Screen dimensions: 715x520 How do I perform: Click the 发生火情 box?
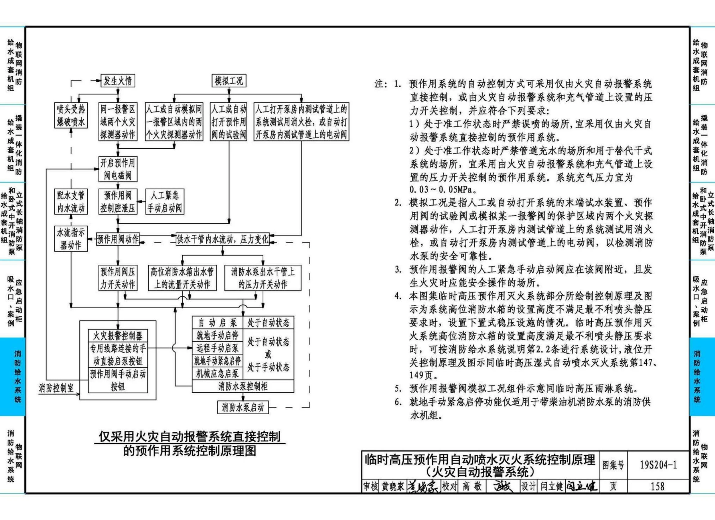(x=118, y=81)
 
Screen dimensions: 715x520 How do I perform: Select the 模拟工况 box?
(x=229, y=81)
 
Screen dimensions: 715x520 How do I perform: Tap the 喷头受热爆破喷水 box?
(x=71, y=115)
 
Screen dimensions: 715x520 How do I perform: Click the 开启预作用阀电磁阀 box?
(x=118, y=169)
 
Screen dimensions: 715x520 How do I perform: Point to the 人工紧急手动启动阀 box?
(x=164, y=202)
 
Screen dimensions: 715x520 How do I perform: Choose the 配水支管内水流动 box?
(x=71, y=202)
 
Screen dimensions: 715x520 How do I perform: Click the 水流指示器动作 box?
(x=71, y=239)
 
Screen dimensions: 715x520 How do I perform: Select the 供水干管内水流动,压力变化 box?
(x=223, y=239)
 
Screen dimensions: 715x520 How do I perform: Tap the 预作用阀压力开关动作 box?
(x=118, y=278)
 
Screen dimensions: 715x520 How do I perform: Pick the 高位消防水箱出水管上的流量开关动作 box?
(x=182, y=278)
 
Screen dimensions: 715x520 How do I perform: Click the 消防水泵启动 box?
(x=243, y=407)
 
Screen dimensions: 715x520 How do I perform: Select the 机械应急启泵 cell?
(x=217, y=374)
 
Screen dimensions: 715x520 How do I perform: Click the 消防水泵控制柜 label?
(x=243, y=386)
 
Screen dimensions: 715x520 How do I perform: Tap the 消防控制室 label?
(x=56, y=388)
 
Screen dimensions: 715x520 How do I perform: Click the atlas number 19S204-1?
(x=658, y=465)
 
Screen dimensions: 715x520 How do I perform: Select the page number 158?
(x=658, y=486)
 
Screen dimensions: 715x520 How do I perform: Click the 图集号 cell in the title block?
(x=613, y=465)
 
